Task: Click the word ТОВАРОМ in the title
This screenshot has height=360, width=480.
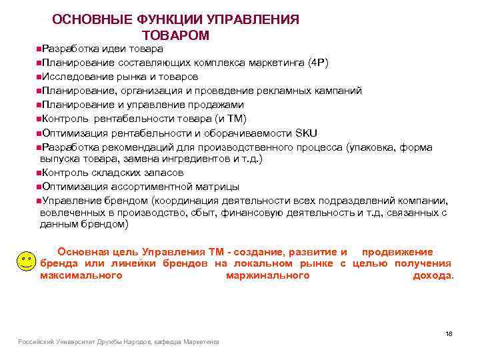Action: pos(176,35)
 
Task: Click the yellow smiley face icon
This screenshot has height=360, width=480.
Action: pos(25,261)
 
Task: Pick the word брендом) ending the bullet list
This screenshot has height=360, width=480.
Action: pos(102,225)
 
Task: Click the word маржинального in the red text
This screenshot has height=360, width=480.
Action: pos(267,275)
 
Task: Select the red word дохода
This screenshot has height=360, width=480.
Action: pos(433,275)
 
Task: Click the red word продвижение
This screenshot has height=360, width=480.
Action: pos(397,252)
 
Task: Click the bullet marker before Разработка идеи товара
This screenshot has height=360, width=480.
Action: pos(39,49)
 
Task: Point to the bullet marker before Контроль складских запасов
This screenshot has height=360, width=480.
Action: pos(39,173)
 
